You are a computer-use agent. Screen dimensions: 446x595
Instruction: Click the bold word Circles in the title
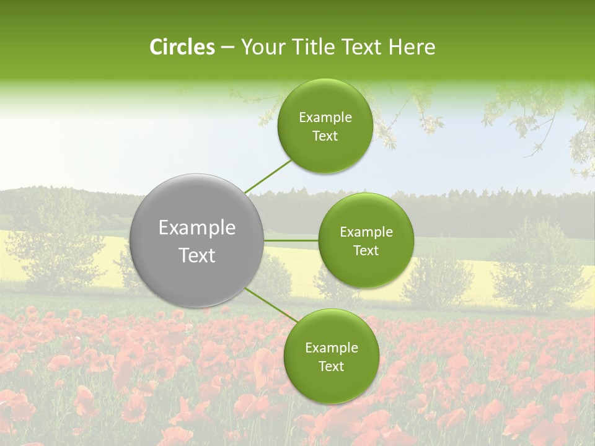point(182,47)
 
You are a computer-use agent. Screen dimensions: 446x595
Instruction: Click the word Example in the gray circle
point(197,228)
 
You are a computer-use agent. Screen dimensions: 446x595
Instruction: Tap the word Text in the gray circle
point(197,255)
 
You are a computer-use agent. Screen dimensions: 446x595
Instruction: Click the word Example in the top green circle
point(325,118)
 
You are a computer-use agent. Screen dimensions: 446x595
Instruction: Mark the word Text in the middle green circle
point(366,251)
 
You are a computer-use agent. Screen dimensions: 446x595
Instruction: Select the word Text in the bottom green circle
point(331,367)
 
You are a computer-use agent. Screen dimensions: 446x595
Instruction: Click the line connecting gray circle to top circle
point(268,176)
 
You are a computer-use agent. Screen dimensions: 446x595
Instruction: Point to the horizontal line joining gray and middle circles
point(291,240)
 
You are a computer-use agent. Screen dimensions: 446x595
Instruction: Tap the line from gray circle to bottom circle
point(271,305)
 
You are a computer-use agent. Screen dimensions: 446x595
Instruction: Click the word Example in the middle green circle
point(366,232)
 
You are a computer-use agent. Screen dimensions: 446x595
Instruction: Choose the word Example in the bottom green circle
point(331,348)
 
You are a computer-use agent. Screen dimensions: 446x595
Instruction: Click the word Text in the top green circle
point(325,136)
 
